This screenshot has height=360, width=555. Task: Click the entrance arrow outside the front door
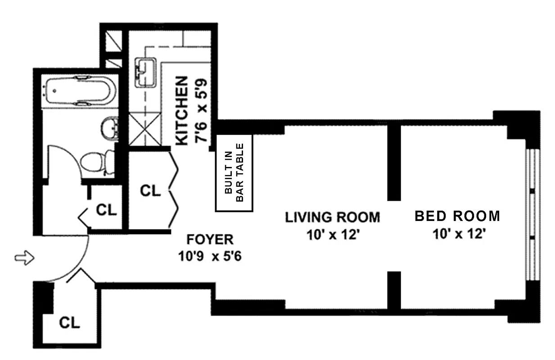tap(24, 258)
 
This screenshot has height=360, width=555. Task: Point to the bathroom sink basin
tap(110, 129)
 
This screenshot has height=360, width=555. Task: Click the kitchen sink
tap(146, 72)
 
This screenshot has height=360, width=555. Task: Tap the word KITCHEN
tap(181, 111)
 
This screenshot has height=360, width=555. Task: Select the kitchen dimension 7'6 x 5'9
tap(201, 111)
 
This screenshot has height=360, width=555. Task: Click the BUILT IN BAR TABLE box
tap(234, 173)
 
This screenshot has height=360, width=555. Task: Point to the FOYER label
tap(210, 239)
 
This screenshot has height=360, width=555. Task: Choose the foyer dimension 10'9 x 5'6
tap(210, 256)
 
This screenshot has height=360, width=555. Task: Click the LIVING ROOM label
tap(333, 217)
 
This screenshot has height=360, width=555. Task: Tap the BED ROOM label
tap(457, 216)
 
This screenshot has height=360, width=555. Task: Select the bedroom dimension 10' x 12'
tap(459, 234)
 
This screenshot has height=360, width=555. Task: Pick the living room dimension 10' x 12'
tap(333, 234)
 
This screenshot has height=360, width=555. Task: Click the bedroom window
tap(532, 215)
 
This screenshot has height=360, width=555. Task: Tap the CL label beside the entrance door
tap(69, 323)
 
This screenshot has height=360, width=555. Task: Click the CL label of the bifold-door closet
tap(150, 191)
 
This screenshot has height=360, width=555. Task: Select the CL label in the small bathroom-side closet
tap(106, 210)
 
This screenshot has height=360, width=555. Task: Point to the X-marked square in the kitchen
tap(145, 129)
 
